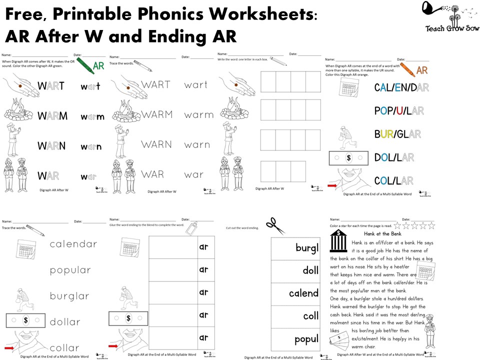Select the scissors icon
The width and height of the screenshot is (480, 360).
[x=274, y=225]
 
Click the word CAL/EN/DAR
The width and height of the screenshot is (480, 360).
[x=401, y=87]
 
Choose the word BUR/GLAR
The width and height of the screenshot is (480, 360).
[x=397, y=134]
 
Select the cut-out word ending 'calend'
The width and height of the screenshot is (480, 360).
[x=303, y=293]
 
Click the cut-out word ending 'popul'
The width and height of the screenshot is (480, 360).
[x=306, y=339]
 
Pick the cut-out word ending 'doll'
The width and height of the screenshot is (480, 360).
[x=310, y=270]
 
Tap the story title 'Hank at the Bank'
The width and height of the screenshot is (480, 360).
[x=382, y=233]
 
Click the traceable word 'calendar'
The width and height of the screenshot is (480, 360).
[x=73, y=244]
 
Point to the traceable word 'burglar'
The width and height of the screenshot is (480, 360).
[x=70, y=295]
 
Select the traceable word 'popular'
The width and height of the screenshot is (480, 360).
[x=70, y=270]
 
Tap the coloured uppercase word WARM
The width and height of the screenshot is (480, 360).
[x=52, y=116]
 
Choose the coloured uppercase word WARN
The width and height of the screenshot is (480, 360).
[x=52, y=146]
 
